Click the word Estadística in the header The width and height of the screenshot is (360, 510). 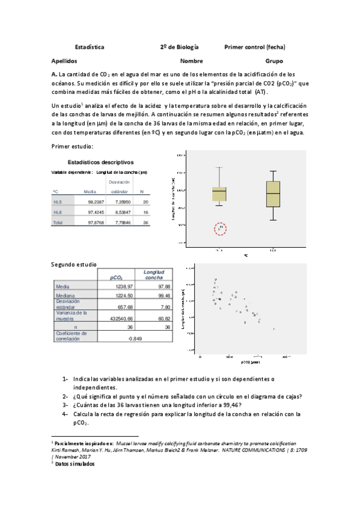[x=90, y=46]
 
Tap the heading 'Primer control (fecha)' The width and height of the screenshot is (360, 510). [x=254, y=46]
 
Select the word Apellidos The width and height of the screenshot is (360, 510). [x=66, y=61]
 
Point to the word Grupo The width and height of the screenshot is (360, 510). [x=274, y=61]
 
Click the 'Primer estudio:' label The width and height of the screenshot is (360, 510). [x=73, y=147]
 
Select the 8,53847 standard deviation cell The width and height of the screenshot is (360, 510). [x=120, y=212]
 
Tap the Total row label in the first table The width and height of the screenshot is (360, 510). [x=58, y=223]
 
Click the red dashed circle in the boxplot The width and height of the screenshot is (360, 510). [x=221, y=228]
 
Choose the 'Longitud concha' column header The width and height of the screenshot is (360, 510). [x=153, y=275]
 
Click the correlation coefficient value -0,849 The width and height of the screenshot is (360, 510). [x=135, y=339]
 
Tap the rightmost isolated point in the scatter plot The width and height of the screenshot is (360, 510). [x=273, y=329]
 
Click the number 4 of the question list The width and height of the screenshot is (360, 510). [x=64, y=414]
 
